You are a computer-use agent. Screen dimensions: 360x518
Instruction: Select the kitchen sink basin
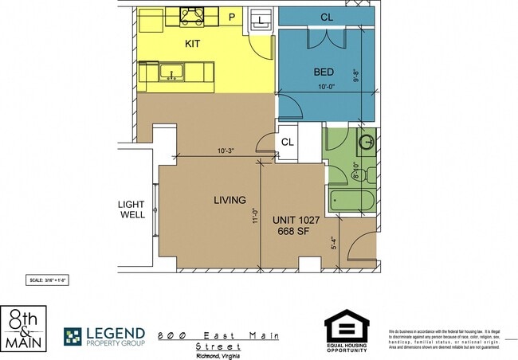(x=169, y=73)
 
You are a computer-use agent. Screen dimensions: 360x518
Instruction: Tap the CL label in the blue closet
(x=327, y=17)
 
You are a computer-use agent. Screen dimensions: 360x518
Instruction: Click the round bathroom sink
(x=367, y=143)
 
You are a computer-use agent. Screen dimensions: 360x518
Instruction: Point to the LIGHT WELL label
(x=131, y=209)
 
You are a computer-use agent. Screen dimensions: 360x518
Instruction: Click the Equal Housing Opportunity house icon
(x=346, y=327)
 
